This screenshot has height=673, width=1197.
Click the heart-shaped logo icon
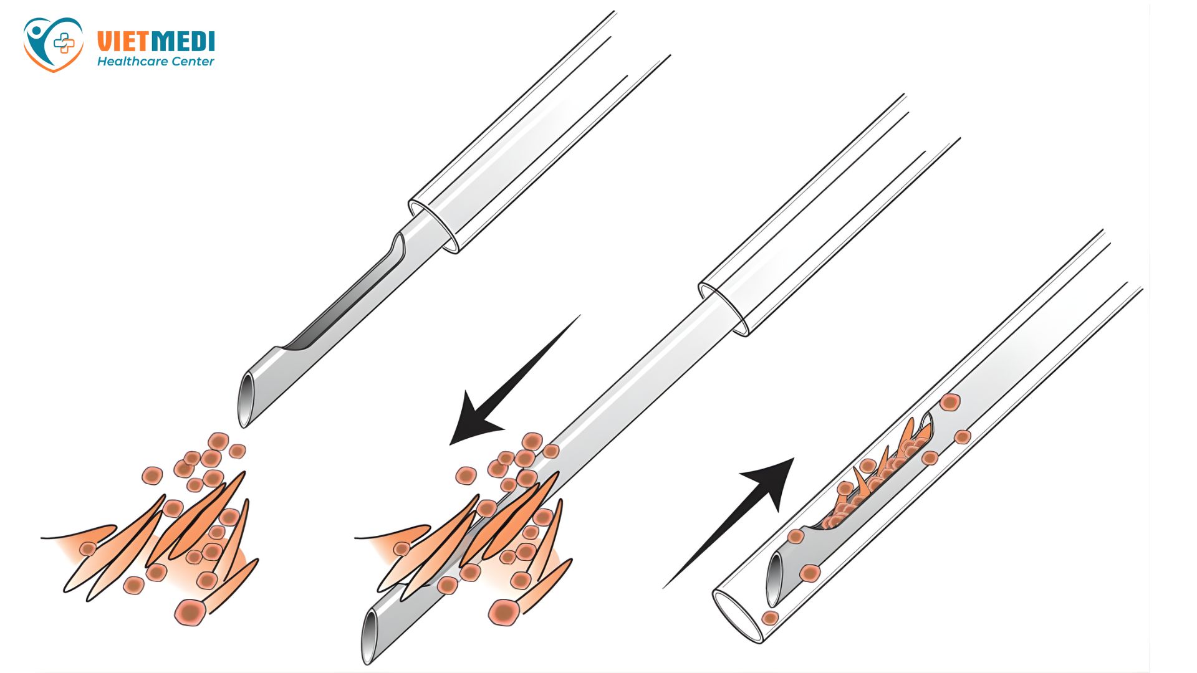[x=53, y=44]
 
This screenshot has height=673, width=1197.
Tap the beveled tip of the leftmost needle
[x=246, y=399]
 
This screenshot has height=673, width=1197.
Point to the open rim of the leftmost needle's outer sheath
[x=434, y=227]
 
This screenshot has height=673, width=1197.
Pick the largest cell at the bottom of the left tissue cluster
[x=190, y=612]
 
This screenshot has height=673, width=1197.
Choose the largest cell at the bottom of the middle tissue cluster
[x=504, y=612]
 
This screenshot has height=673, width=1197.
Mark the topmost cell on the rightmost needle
[x=949, y=403]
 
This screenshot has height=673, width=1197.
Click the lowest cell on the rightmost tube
[x=770, y=618]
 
